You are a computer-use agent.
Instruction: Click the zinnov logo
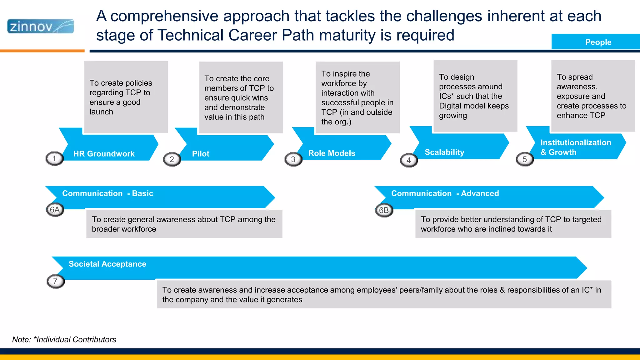41,26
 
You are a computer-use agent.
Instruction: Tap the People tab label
598,42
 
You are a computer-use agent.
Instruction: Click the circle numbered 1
54,159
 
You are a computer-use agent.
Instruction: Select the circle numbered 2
172,159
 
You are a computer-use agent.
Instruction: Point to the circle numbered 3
293,159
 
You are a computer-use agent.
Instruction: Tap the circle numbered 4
409,160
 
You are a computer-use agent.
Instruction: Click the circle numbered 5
525,159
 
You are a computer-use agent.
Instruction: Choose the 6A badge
55,210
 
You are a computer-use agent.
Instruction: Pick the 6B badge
384,210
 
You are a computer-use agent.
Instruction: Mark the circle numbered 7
55,281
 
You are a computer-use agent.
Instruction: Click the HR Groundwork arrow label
104,154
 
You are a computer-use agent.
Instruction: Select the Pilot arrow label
201,154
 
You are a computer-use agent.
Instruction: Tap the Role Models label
332,153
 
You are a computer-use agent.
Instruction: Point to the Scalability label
444,152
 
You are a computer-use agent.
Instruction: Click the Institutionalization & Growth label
575,147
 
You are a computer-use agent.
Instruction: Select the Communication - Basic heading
107,193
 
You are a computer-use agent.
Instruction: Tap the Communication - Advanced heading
445,193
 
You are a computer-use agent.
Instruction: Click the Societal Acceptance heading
107,264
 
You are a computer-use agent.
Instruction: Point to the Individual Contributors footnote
64,339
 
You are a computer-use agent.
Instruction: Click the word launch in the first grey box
101,112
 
